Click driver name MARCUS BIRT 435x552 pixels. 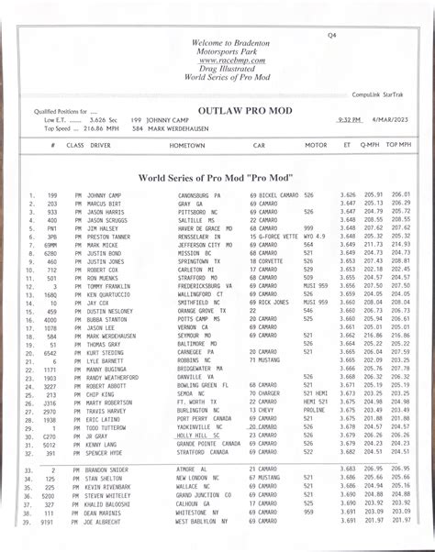105,204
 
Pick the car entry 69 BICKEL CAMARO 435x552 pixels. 273,195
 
